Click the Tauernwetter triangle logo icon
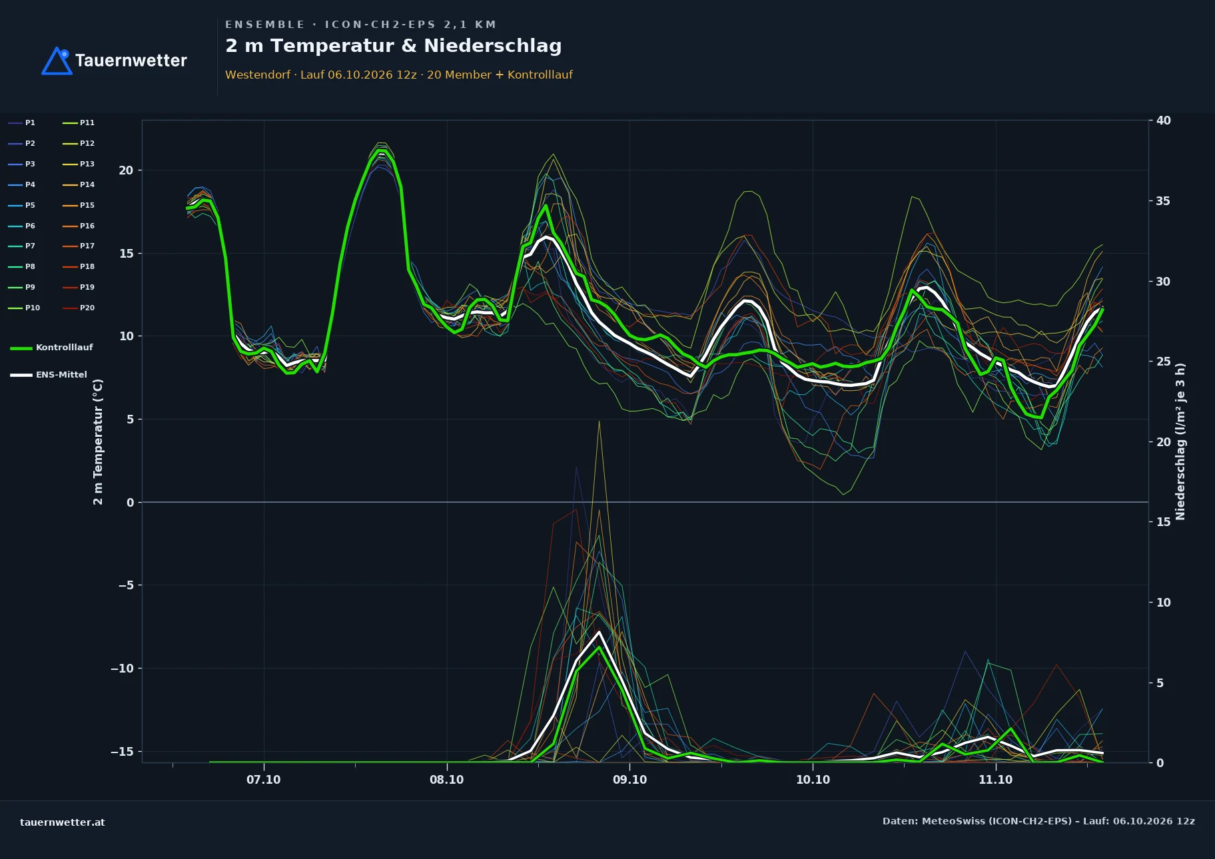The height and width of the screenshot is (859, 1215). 57,61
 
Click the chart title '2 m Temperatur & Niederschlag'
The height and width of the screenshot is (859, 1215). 393,46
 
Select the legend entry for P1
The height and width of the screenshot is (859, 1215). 22,123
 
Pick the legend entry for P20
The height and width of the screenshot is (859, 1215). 79,308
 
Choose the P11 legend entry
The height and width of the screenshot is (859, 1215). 79,123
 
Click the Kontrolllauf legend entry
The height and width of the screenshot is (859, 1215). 51,348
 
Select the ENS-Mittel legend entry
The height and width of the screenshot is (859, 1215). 49,375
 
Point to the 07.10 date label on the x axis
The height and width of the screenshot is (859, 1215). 264,780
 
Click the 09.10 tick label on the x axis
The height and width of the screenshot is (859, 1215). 629,780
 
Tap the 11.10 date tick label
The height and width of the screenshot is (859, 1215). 995,780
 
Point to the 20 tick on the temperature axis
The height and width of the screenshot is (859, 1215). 126,170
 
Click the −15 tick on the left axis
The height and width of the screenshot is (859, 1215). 122,752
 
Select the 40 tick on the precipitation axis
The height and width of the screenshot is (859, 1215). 1164,121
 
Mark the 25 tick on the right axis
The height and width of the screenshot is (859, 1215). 1164,362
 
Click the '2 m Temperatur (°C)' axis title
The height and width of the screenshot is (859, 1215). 98,442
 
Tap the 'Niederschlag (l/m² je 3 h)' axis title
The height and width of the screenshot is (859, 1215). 1180,441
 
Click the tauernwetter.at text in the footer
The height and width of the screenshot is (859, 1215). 63,822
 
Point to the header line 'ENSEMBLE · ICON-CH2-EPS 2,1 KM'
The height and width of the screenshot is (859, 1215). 361,25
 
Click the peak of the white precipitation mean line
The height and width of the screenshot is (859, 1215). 599,631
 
